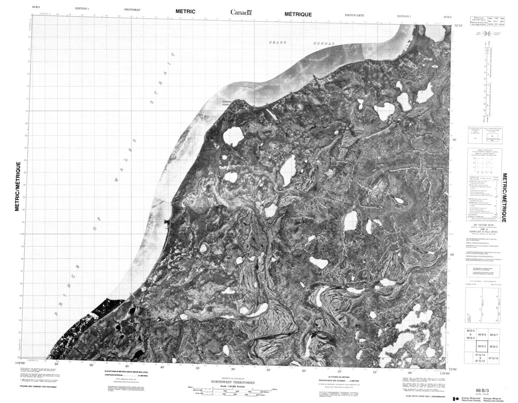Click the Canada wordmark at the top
[241, 12]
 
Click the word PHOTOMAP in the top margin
[132, 9]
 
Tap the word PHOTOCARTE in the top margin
[354, 15]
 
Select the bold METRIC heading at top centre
[185, 11]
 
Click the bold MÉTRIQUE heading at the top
[298, 14]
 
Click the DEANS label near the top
[276, 42]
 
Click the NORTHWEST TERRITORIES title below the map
[233, 382]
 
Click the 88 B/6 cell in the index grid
[481, 335]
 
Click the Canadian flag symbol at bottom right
[456, 399]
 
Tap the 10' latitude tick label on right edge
[455, 140]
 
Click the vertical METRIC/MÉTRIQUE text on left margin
[18, 186]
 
